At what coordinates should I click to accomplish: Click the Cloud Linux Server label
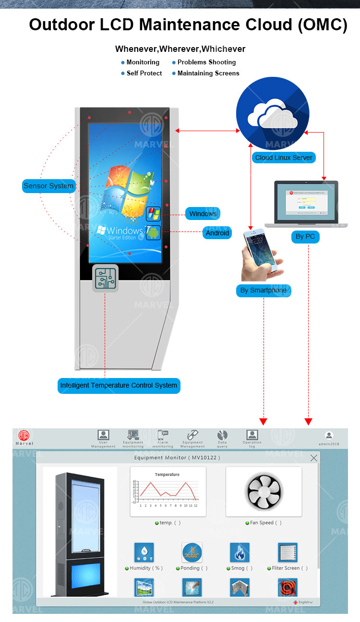click(284, 158)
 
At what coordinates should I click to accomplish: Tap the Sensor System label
click(48, 186)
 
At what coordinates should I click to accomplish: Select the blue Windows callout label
click(203, 214)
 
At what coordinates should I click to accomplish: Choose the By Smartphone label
click(263, 291)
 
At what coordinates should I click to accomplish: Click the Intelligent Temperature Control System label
click(119, 385)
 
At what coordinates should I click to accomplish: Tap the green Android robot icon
click(153, 233)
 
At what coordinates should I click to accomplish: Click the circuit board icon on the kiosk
click(105, 278)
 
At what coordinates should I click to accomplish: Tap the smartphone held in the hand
click(260, 250)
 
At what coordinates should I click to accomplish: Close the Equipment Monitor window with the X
click(314, 458)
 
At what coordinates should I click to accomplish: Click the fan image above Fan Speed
click(263, 491)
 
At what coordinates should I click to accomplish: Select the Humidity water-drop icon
click(144, 553)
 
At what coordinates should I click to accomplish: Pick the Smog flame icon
click(240, 553)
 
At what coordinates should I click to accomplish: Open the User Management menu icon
click(103, 435)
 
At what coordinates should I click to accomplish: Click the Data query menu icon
click(222, 435)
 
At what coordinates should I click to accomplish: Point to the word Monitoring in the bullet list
click(143, 62)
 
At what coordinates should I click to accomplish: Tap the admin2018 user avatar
click(329, 435)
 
